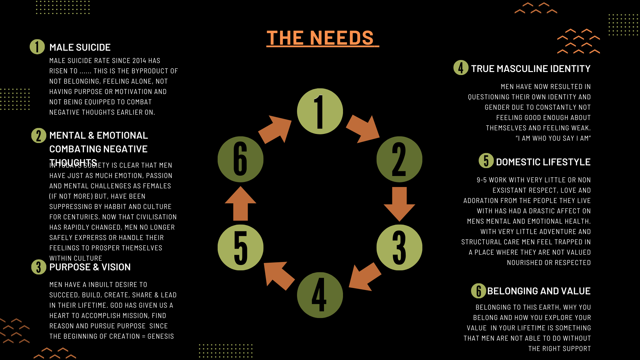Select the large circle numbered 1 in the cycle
tap(320, 111)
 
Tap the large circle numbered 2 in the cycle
tap(399, 159)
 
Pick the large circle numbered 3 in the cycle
tap(399, 247)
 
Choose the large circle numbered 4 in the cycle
tap(320, 295)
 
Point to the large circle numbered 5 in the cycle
tap(241, 247)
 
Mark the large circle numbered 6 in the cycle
tap(241, 159)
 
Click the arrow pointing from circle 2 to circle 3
tap(399, 204)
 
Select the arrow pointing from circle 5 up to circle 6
tap(241, 203)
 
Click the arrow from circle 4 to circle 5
tap(279, 276)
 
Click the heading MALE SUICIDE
tap(80, 47)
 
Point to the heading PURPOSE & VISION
tap(90, 267)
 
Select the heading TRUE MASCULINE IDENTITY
tap(531, 69)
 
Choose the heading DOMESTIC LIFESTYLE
tap(543, 162)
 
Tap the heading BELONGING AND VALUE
tap(539, 291)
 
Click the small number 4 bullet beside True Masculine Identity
tap(461, 68)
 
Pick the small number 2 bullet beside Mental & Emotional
tap(39, 136)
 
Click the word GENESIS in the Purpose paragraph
tap(161, 336)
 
